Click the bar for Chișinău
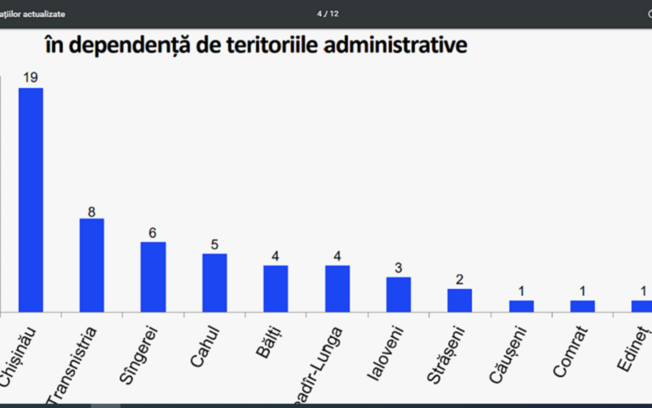[x=31, y=200]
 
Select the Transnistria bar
[x=91, y=265]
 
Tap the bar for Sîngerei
[x=152, y=277]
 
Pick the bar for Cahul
[x=214, y=283]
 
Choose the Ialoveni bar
[x=398, y=295]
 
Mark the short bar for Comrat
[x=582, y=306]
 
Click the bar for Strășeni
[x=460, y=301]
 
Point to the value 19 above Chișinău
[x=30, y=77]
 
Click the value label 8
[x=91, y=212]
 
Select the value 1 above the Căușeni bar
[x=521, y=292]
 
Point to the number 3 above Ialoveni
[x=398, y=269]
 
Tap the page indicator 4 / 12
[x=328, y=14]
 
